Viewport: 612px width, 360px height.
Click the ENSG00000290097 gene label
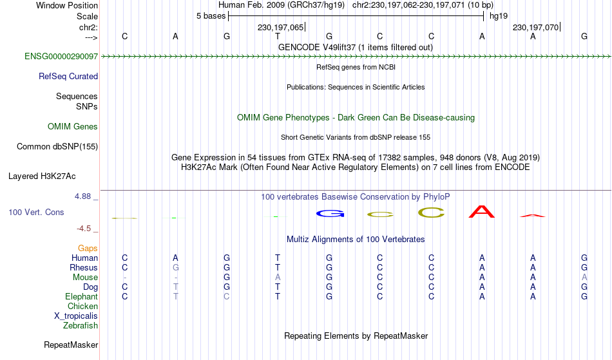click(61, 57)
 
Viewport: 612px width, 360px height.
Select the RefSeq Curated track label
click(68, 77)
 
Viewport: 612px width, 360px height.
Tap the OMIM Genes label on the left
click(73, 127)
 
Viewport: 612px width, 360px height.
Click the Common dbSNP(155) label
click(57, 147)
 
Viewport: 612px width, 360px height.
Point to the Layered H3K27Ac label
click(42, 176)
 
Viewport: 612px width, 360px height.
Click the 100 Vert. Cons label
click(36, 212)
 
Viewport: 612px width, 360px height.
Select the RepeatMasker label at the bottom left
click(71, 345)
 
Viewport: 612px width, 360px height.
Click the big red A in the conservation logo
click(482, 212)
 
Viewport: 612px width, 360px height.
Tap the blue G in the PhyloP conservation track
click(330, 214)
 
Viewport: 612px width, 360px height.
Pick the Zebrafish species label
click(81, 326)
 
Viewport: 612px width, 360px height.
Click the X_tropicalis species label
click(76, 316)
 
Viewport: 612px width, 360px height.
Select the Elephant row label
click(82, 297)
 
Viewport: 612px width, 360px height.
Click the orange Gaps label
click(88, 249)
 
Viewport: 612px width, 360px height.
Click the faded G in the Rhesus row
click(176, 267)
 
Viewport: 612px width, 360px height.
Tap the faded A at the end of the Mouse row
click(584, 278)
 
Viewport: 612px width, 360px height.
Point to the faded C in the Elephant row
click(226, 296)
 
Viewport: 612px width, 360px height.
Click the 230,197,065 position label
click(280, 27)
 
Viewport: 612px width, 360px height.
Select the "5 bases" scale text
click(211, 16)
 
